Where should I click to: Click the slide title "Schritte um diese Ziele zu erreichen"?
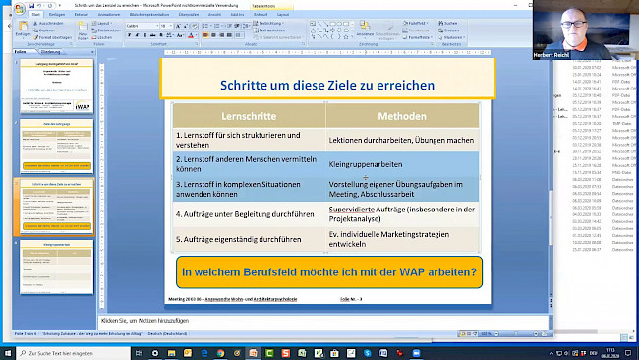(326, 86)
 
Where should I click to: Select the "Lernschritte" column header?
(248, 116)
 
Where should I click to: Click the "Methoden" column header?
(401, 116)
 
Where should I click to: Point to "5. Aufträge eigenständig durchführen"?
(237, 239)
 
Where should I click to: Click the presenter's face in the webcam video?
(574, 27)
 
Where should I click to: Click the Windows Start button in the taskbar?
(7, 352)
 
